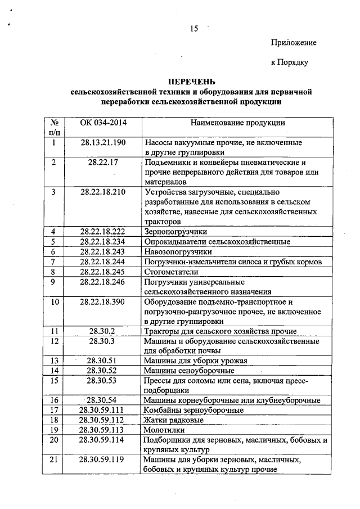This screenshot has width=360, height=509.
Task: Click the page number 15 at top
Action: pos(194,29)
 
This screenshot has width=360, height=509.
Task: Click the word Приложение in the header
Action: pos(294,43)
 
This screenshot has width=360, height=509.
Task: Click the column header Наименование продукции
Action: pos(237,123)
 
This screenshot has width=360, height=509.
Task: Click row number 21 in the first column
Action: pos(55,460)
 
